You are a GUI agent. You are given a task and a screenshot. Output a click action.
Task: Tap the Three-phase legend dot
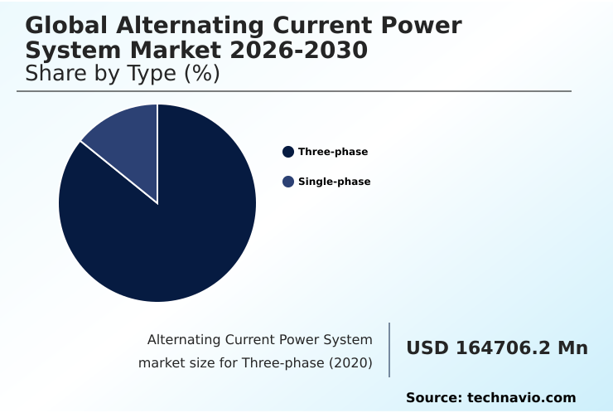point(288,152)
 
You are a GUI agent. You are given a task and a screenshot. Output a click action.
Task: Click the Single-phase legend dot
point(288,182)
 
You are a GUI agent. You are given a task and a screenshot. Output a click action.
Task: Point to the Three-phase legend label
point(333,152)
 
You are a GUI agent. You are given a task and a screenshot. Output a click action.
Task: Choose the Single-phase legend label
point(334,182)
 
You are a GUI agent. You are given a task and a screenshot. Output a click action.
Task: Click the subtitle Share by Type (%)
point(123,74)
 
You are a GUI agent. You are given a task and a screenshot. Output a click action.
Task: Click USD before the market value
point(427,348)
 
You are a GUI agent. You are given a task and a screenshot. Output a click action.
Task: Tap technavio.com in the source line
point(521,398)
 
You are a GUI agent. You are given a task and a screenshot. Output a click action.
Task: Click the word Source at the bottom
point(433,398)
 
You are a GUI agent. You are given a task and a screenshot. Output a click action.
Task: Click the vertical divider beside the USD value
point(389,350)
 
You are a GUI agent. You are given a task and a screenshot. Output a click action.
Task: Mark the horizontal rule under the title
point(294,91)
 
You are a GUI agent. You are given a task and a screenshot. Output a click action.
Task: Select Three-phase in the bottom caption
point(280,363)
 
